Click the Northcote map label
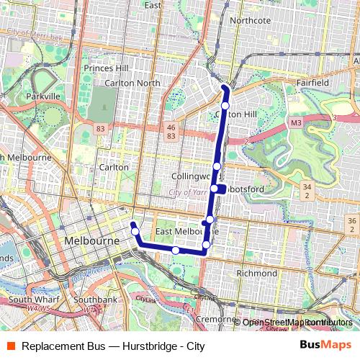(x=250, y=21)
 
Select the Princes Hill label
(x=105, y=68)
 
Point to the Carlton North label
(x=132, y=83)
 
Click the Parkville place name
(x=43, y=96)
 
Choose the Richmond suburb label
(x=257, y=274)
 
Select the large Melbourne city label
(x=91, y=240)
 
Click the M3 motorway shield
(x=297, y=124)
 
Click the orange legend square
(x=9, y=346)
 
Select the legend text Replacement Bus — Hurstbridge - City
(x=114, y=346)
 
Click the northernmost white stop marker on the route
(x=225, y=106)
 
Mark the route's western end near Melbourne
(x=132, y=225)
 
